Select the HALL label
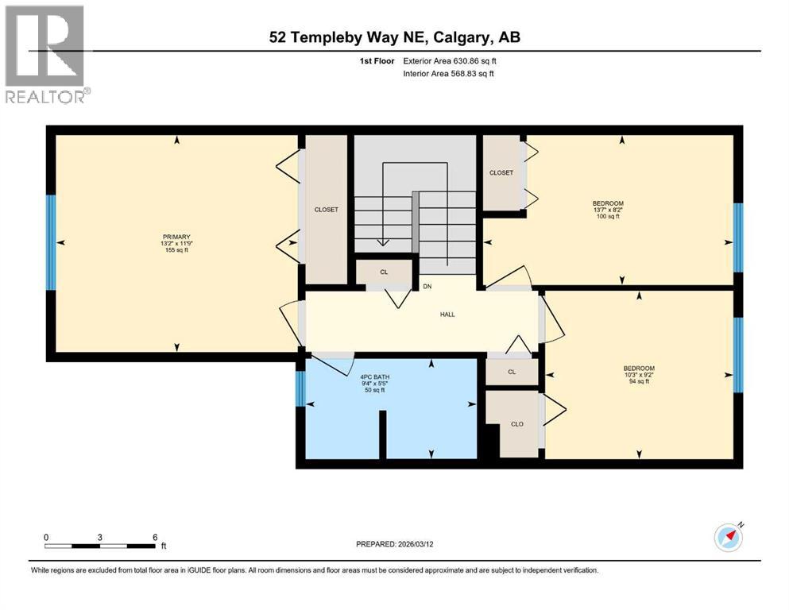(x=447, y=315)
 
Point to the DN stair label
(x=427, y=286)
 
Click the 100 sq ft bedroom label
(x=607, y=210)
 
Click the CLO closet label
(x=516, y=424)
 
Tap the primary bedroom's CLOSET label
(x=326, y=210)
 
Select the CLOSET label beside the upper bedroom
(x=501, y=172)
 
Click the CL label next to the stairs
(x=384, y=272)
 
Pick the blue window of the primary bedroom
(x=51, y=242)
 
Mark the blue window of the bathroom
(x=300, y=388)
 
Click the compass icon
(x=729, y=538)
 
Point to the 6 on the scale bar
(x=155, y=537)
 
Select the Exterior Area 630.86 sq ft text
(x=450, y=60)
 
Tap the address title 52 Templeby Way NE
(x=394, y=37)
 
